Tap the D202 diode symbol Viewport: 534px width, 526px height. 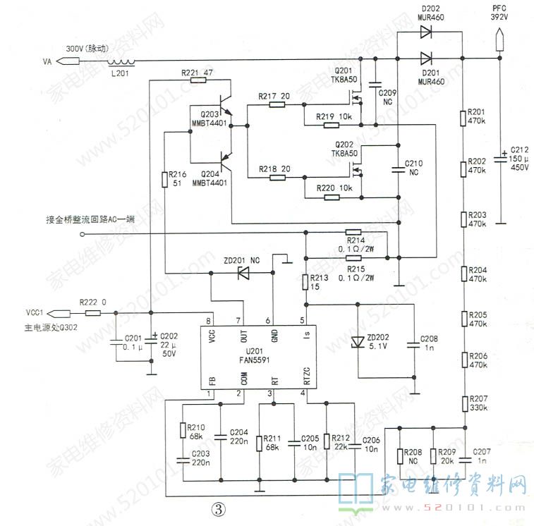point(426,32)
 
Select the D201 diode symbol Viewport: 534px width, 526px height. point(426,59)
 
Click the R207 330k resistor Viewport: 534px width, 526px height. point(464,404)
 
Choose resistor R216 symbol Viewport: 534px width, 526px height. point(164,176)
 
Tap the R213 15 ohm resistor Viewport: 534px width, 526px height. point(305,282)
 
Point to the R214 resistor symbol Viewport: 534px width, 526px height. point(353,232)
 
